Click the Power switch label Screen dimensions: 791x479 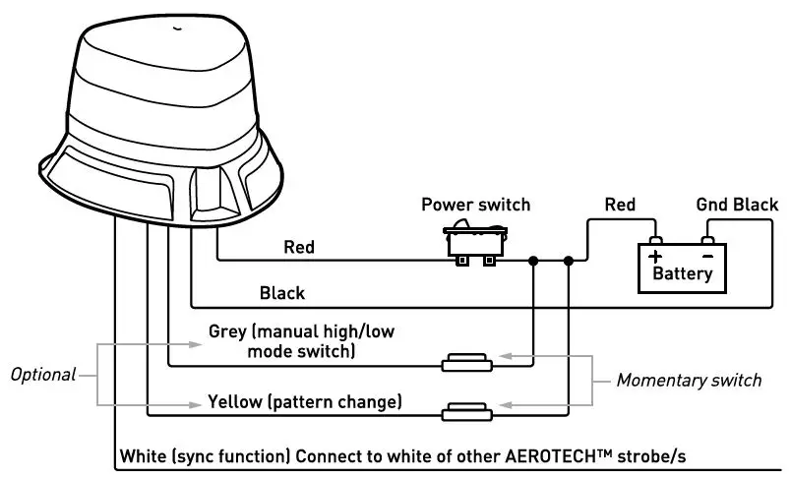(476, 205)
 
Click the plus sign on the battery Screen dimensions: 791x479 (655, 256)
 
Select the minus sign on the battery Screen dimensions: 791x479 (708, 256)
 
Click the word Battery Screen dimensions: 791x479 (683, 273)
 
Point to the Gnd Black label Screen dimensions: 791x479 (737, 205)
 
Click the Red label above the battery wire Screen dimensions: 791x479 (620, 205)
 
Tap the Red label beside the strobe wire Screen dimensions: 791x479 (299, 247)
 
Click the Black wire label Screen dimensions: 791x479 (282, 293)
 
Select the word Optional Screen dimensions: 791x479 (43, 375)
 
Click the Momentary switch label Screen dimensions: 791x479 (689, 381)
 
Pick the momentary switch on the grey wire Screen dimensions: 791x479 (467, 363)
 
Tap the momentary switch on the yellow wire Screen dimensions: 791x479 (467, 411)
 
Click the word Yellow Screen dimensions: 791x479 (235, 402)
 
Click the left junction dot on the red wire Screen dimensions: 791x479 (533, 261)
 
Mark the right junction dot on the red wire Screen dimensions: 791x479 (569, 261)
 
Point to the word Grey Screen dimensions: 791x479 (227, 331)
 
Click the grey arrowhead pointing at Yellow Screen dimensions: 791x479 (196, 404)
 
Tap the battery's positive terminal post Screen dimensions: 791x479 (655, 240)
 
